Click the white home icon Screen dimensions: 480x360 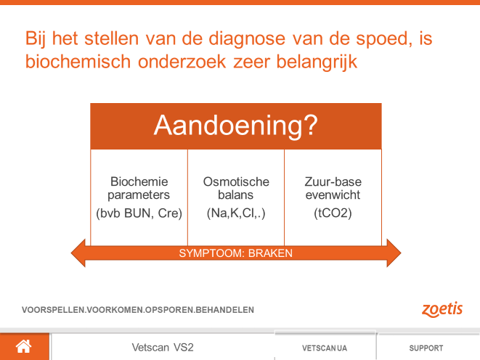tap(23, 346)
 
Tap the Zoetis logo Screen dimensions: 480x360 tap(442, 309)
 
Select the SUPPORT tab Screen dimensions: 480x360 tap(426, 348)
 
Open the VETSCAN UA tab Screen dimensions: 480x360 tap(325, 348)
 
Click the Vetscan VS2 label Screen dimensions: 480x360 tap(163, 348)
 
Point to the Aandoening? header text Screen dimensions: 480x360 tap(236, 125)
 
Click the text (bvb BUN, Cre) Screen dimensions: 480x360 tap(139, 213)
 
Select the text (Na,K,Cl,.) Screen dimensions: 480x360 tap(236, 213)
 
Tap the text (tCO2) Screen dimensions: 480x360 tap(333, 213)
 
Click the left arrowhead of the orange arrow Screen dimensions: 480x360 tap(78, 253)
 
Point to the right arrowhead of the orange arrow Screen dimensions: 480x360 tap(394, 253)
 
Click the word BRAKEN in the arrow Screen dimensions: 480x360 tap(270, 253)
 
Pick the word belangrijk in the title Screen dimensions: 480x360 tap(317, 62)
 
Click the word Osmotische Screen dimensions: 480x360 tap(236, 181)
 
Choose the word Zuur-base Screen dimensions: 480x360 tap(333, 181)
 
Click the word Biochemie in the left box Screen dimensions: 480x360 tap(139, 181)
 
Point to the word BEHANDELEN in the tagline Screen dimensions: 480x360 tap(224, 310)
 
